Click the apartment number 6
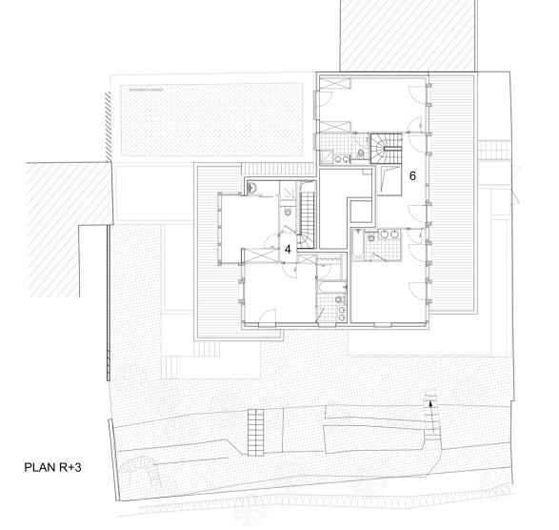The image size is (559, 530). [412, 175]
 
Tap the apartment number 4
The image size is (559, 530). [288, 249]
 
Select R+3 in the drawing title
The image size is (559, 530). [70, 467]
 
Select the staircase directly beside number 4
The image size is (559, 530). [307, 219]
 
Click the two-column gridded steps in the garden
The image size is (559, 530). [255, 432]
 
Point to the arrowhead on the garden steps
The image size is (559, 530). [430, 403]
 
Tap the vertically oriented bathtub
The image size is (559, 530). [357, 244]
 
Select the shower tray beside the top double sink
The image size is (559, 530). [327, 157]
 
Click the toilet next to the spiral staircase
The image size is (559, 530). [361, 153]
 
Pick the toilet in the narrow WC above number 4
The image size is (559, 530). [288, 212]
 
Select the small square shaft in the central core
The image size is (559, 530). [361, 212]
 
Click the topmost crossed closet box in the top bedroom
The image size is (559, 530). [335, 84]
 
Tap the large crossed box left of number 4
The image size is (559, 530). [261, 256]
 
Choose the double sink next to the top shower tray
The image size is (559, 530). [342, 159]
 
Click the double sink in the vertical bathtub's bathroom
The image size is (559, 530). [389, 234]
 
